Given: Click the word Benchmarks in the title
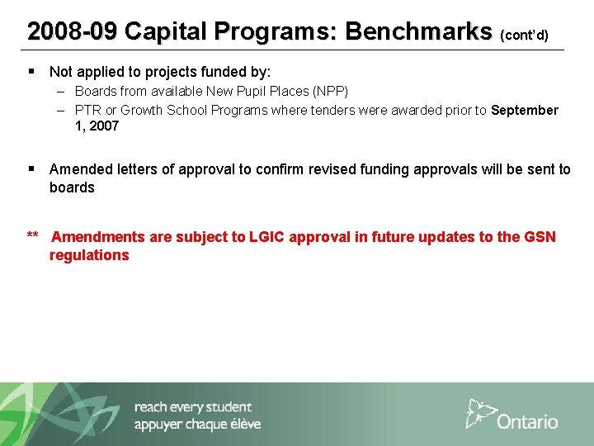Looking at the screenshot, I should [x=417, y=31].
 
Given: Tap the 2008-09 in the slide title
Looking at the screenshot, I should [x=72, y=31].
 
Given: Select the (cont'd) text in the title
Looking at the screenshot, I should [x=524, y=36].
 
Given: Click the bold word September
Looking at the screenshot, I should [x=525, y=110].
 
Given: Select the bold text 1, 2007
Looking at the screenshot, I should [x=97, y=126].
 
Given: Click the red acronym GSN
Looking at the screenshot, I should [x=540, y=237].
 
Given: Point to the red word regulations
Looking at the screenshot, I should [x=89, y=255].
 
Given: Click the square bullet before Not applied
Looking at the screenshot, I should [x=31, y=72].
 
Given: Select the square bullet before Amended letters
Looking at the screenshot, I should [x=31, y=168].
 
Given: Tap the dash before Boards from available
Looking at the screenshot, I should [x=62, y=91].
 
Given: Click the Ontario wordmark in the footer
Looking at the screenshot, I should [x=527, y=421].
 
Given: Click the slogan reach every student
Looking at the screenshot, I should [x=192, y=406].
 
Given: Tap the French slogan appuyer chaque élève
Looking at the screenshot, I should [x=197, y=424].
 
